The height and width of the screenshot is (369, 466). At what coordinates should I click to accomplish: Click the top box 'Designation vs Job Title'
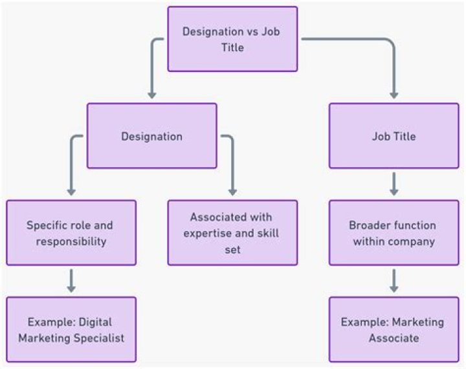(232, 39)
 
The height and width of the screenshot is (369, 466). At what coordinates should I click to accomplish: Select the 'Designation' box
(151, 137)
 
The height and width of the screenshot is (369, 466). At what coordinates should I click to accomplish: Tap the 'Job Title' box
(394, 137)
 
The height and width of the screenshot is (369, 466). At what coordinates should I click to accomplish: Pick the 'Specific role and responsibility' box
(71, 232)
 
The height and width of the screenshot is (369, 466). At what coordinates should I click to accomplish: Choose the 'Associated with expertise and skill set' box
(232, 232)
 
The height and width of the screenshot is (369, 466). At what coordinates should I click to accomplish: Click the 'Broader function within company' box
(394, 232)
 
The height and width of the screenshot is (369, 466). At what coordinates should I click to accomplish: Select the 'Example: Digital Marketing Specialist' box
(71, 329)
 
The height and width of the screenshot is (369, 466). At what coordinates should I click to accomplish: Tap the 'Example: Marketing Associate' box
(394, 329)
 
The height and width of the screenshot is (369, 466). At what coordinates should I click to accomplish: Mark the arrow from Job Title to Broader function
(394, 184)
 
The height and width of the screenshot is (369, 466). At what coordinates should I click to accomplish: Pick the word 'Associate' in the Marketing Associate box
(394, 337)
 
